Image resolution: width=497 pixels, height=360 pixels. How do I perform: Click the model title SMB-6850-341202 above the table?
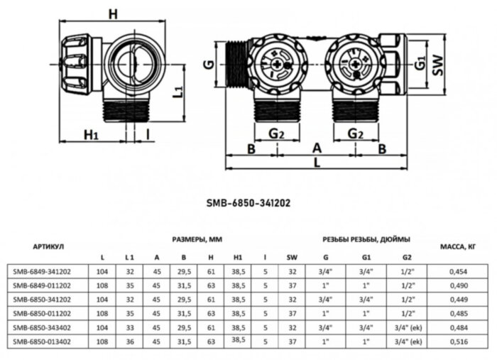click(x=248, y=202)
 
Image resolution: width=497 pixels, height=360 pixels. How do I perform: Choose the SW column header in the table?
click(x=292, y=256)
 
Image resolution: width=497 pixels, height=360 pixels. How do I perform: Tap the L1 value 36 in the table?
click(x=129, y=342)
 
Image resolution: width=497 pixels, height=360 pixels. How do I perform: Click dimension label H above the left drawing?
click(x=112, y=13)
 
